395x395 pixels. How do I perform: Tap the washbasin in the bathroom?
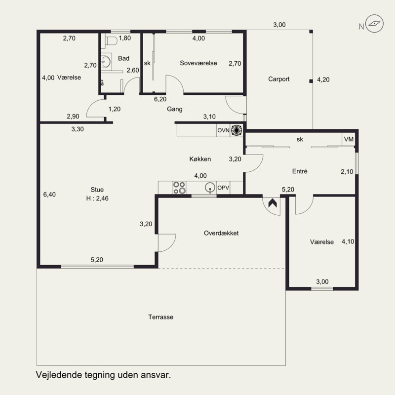(x=106, y=61)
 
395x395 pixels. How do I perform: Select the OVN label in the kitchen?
(x=223, y=130)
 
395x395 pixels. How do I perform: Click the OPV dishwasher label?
(x=223, y=188)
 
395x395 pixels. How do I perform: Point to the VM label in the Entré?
(x=349, y=139)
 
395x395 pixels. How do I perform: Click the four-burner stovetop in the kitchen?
(x=179, y=188)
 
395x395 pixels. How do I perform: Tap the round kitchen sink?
(x=210, y=188)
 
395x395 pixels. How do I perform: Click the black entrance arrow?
(x=273, y=203)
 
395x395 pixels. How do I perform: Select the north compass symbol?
(x=374, y=23)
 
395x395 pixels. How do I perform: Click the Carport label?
(x=278, y=79)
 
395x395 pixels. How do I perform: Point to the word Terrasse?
(x=161, y=317)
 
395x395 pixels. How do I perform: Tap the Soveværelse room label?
(x=198, y=63)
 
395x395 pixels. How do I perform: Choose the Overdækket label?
(x=221, y=233)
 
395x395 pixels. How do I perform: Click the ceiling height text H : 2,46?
(x=97, y=198)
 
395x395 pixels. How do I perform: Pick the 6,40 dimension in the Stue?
(x=49, y=195)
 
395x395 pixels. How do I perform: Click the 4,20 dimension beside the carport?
(x=323, y=79)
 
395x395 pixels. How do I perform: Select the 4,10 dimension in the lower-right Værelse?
(x=348, y=241)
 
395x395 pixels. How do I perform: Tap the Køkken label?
(x=200, y=159)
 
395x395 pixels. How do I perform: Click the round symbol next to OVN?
(x=237, y=130)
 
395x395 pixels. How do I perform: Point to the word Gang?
(x=175, y=109)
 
